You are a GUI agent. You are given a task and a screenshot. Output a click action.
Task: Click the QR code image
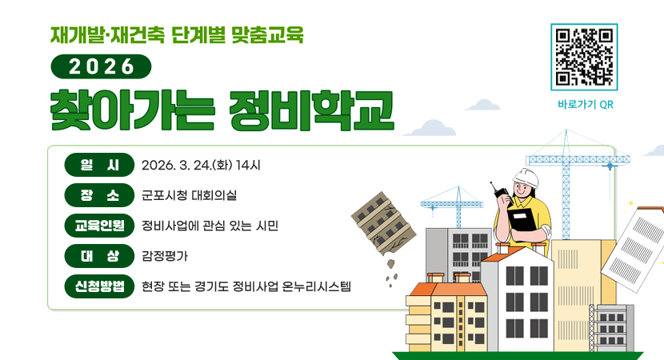click(x=584, y=57)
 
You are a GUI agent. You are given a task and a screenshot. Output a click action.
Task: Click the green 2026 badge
click(x=101, y=66)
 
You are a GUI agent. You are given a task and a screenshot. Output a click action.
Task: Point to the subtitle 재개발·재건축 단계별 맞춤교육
click(x=177, y=34)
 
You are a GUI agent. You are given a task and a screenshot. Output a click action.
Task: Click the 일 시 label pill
click(x=99, y=166)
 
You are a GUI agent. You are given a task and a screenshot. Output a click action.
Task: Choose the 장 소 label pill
click(x=99, y=195)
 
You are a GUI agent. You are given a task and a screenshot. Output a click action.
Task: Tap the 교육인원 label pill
click(x=99, y=225)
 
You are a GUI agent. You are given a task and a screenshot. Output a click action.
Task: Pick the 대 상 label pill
click(x=99, y=255)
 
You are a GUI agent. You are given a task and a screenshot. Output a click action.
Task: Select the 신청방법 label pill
click(x=99, y=286)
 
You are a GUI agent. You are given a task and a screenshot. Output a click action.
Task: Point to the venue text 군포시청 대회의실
click(x=189, y=195)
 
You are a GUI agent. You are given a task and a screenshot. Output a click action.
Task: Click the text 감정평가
click(x=165, y=255)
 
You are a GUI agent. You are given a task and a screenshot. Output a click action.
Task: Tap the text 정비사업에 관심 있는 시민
click(x=210, y=225)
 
